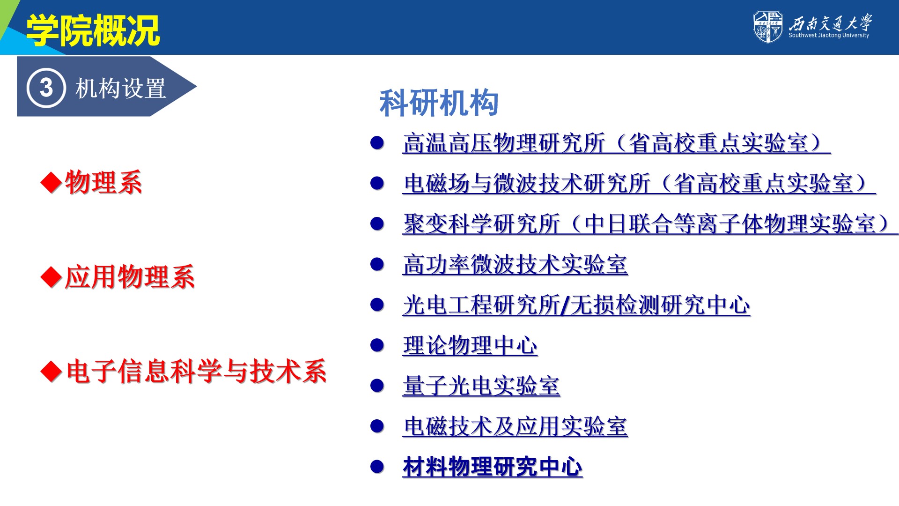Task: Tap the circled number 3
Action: (46, 88)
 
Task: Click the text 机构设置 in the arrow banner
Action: (121, 88)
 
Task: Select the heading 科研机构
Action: (439, 103)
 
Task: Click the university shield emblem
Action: (767, 27)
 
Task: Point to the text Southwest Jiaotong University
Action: (828, 35)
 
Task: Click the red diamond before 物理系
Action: (51, 183)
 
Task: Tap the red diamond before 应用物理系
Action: (51, 277)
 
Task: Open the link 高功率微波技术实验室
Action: (515, 265)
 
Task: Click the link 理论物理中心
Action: (470, 346)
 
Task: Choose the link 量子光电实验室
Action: (481, 386)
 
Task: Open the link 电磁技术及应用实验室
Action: (515, 426)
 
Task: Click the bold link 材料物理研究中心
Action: (493, 467)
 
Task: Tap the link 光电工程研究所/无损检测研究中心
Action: (576, 305)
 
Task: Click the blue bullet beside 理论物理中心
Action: (377, 346)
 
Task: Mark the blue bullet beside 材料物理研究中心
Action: (377, 467)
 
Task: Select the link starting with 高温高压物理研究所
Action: (617, 143)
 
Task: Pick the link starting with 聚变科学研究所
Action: (650, 224)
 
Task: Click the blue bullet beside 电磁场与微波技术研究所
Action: (377, 183)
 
